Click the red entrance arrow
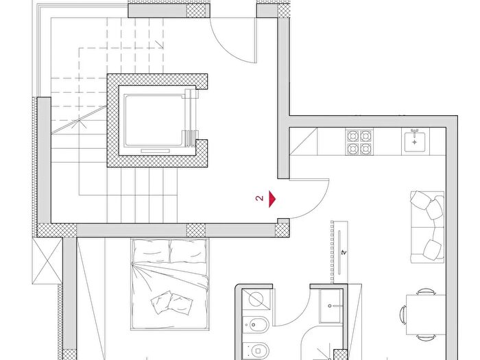click(x=272, y=199)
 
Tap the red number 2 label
click(x=259, y=198)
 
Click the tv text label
click(x=344, y=252)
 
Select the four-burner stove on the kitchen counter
click(x=359, y=142)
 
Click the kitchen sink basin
click(x=415, y=141)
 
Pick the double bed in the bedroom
click(x=170, y=284)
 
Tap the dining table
click(x=426, y=314)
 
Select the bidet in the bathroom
click(x=256, y=325)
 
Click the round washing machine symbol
click(x=256, y=299)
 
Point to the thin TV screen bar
click(x=339, y=252)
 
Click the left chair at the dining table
click(x=403, y=315)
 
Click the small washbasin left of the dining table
click(x=330, y=306)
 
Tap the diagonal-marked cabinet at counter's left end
click(x=303, y=141)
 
